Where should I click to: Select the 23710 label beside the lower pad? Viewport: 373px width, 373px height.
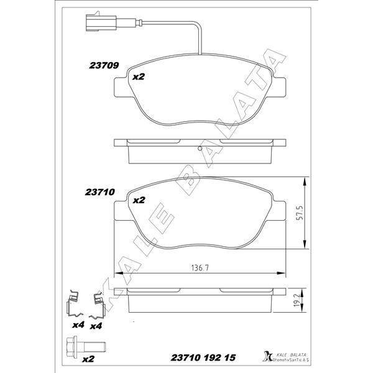click(98, 193)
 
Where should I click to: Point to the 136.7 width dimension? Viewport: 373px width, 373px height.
click(198, 269)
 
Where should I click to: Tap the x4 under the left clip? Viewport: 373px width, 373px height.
click(78, 325)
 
